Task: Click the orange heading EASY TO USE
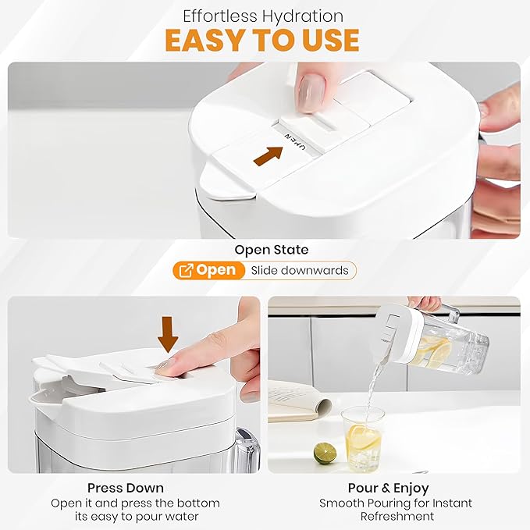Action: tap(262, 40)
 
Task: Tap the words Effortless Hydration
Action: tap(263, 16)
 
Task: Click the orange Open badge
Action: tap(208, 270)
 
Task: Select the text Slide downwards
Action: tap(300, 270)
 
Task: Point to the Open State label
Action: tap(272, 250)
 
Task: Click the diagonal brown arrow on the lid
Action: tap(269, 156)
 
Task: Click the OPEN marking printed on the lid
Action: tap(296, 141)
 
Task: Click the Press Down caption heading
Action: tap(126, 488)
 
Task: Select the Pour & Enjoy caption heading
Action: tap(389, 488)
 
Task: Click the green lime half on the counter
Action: tap(325, 454)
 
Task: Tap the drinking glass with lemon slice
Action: tap(363, 439)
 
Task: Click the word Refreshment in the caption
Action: tap(397, 517)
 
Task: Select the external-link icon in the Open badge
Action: tap(187, 270)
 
